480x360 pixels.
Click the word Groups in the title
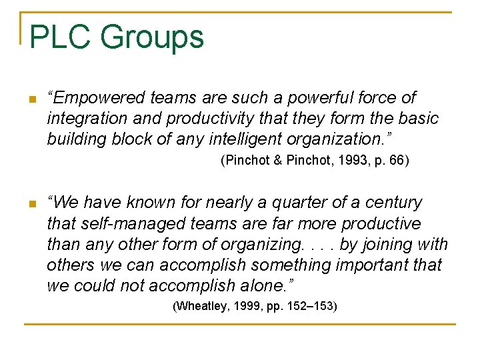click(x=152, y=38)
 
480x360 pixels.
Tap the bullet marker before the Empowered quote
click(x=31, y=100)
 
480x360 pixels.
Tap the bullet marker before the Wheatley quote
click(x=31, y=204)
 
